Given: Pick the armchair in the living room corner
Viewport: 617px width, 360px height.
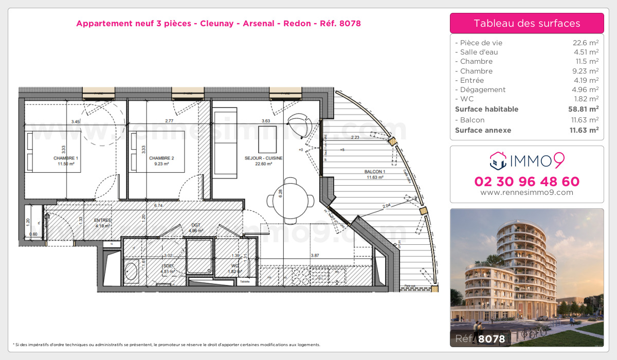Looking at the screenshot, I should (300, 123).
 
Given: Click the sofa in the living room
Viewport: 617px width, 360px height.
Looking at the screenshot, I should (225, 143).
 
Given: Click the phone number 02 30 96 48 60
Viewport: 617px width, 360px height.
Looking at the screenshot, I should (527, 182).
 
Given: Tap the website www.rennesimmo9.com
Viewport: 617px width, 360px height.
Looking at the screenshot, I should (527, 193).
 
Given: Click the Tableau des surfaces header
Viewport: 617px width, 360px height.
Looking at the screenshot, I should (527, 23).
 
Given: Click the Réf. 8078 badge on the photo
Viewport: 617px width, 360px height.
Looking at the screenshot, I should (480, 338).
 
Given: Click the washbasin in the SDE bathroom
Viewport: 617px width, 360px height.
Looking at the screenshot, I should (132, 272).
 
